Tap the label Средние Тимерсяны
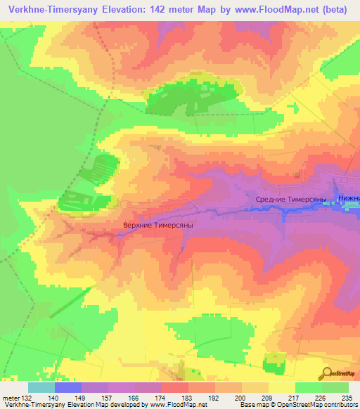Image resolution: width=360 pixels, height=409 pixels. [290, 200]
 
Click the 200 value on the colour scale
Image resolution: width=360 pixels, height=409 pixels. [241, 397]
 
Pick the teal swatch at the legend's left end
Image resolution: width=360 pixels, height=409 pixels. [41, 387]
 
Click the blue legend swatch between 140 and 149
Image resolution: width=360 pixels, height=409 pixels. [68, 387]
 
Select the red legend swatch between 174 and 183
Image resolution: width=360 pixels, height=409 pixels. [174, 387]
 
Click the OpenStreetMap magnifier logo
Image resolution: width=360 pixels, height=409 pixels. [328, 373]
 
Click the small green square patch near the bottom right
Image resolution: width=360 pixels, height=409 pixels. [274, 364]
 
